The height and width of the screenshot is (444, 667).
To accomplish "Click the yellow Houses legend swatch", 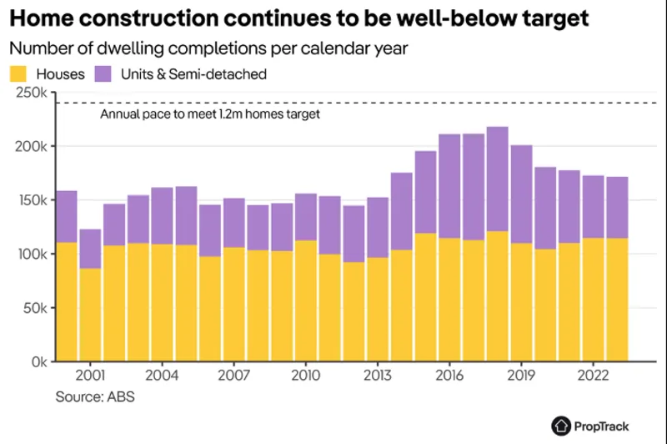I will coord(18,74).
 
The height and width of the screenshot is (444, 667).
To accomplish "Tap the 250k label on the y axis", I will coord(31,93).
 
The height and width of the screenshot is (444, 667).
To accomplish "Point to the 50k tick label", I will coord(34,308).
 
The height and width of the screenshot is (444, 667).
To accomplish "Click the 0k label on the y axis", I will coord(38,362).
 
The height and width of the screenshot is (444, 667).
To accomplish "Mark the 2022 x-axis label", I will coord(593,376).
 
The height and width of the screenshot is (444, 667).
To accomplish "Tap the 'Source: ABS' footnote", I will coord(94,396).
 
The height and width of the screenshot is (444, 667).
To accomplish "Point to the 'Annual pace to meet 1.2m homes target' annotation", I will coord(210,114).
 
